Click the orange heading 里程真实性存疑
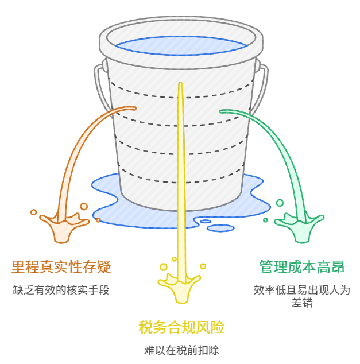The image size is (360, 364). click(x=61, y=267)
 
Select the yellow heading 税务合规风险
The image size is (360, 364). click(x=181, y=328)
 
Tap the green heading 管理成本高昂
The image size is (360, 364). click(x=301, y=267)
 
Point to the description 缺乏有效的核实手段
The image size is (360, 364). click(x=61, y=290)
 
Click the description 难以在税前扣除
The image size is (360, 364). click(x=181, y=350)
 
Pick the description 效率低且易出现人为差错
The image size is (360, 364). click(x=301, y=296)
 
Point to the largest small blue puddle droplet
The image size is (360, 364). click(x=220, y=228)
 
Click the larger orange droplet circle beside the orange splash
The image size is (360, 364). click(x=84, y=206)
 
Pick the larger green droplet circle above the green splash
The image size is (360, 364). click(x=280, y=203)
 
